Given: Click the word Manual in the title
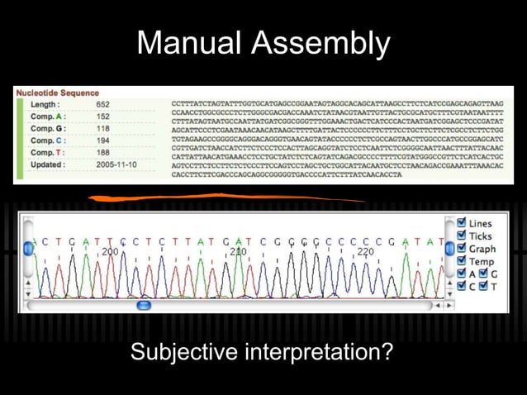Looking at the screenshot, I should [189, 42].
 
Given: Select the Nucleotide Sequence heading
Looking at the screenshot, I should [57, 93].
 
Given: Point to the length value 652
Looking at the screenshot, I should [102, 105].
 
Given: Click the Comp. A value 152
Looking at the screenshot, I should [102, 117].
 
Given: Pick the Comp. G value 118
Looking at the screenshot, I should [102, 129].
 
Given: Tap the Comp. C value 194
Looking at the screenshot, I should [102, 140].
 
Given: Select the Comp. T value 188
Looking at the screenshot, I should [102, 153].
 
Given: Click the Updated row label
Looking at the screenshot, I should [47, 164].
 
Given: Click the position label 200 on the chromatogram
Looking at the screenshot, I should [110, 251].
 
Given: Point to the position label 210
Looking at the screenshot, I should [238, 251].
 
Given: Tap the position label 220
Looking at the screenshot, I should [365, 251].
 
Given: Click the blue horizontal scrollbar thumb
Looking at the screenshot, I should [144, 305].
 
